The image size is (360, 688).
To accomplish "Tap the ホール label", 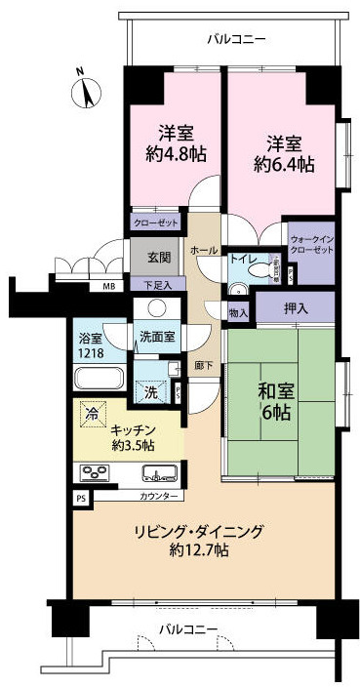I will coord(204,251).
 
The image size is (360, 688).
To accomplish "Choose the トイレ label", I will coord(243,260).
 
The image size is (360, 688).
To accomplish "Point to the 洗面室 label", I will coord(156,337).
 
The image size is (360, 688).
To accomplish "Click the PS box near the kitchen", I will coord(80,496).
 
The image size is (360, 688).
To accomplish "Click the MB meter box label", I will coord(107,287).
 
